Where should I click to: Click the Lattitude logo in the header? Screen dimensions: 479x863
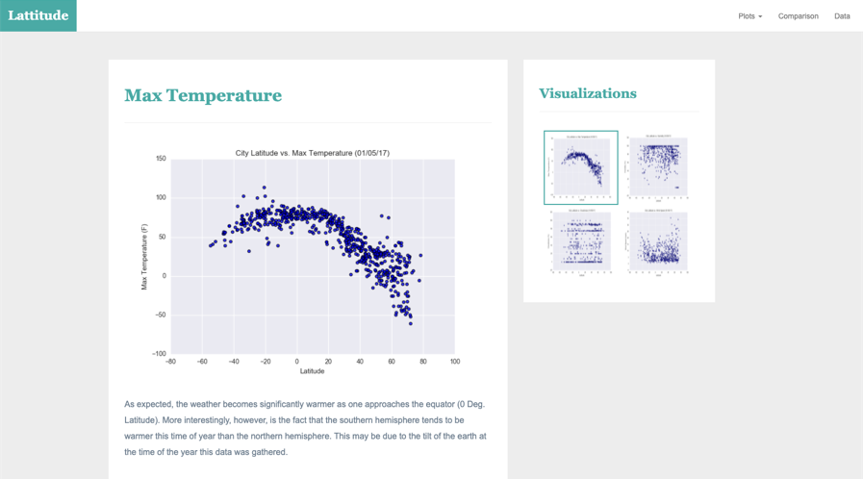[x=38, y=15]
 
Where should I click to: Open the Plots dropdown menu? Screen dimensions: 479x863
[x=749, y=16]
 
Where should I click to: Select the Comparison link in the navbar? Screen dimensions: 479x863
[x=798, y=16]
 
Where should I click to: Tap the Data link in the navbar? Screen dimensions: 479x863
[x=842, y=16]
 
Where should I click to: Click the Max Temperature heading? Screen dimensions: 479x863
[x=203, y=95]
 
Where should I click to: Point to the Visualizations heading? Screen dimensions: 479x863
[x=587, y=93]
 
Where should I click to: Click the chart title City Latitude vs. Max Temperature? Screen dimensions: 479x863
[x=312, y=153]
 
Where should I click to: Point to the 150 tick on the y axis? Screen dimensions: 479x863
[x=160, y=159]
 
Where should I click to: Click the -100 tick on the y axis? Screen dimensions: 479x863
[x=159, y=354]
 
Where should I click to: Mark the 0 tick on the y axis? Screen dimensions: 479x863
[x=163, y=276]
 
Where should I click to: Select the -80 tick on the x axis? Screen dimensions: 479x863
[x=170, y=363]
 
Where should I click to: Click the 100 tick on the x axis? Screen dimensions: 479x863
[x=454, y=363]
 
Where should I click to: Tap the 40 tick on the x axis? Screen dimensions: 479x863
[x=360, y=363]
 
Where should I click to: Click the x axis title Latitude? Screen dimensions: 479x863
[x=312, y=371]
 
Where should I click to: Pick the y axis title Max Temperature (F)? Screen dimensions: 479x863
[x=144, y=257]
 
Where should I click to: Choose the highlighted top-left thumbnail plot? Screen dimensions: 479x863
[x=580, y=167]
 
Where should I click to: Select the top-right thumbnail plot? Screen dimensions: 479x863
[x=657, y=167]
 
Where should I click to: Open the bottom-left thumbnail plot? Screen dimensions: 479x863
[x=580, y=241]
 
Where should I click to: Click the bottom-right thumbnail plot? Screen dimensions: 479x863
[x=657, y=241]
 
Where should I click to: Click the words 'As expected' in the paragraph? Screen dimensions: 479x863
[x=148, y=404]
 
